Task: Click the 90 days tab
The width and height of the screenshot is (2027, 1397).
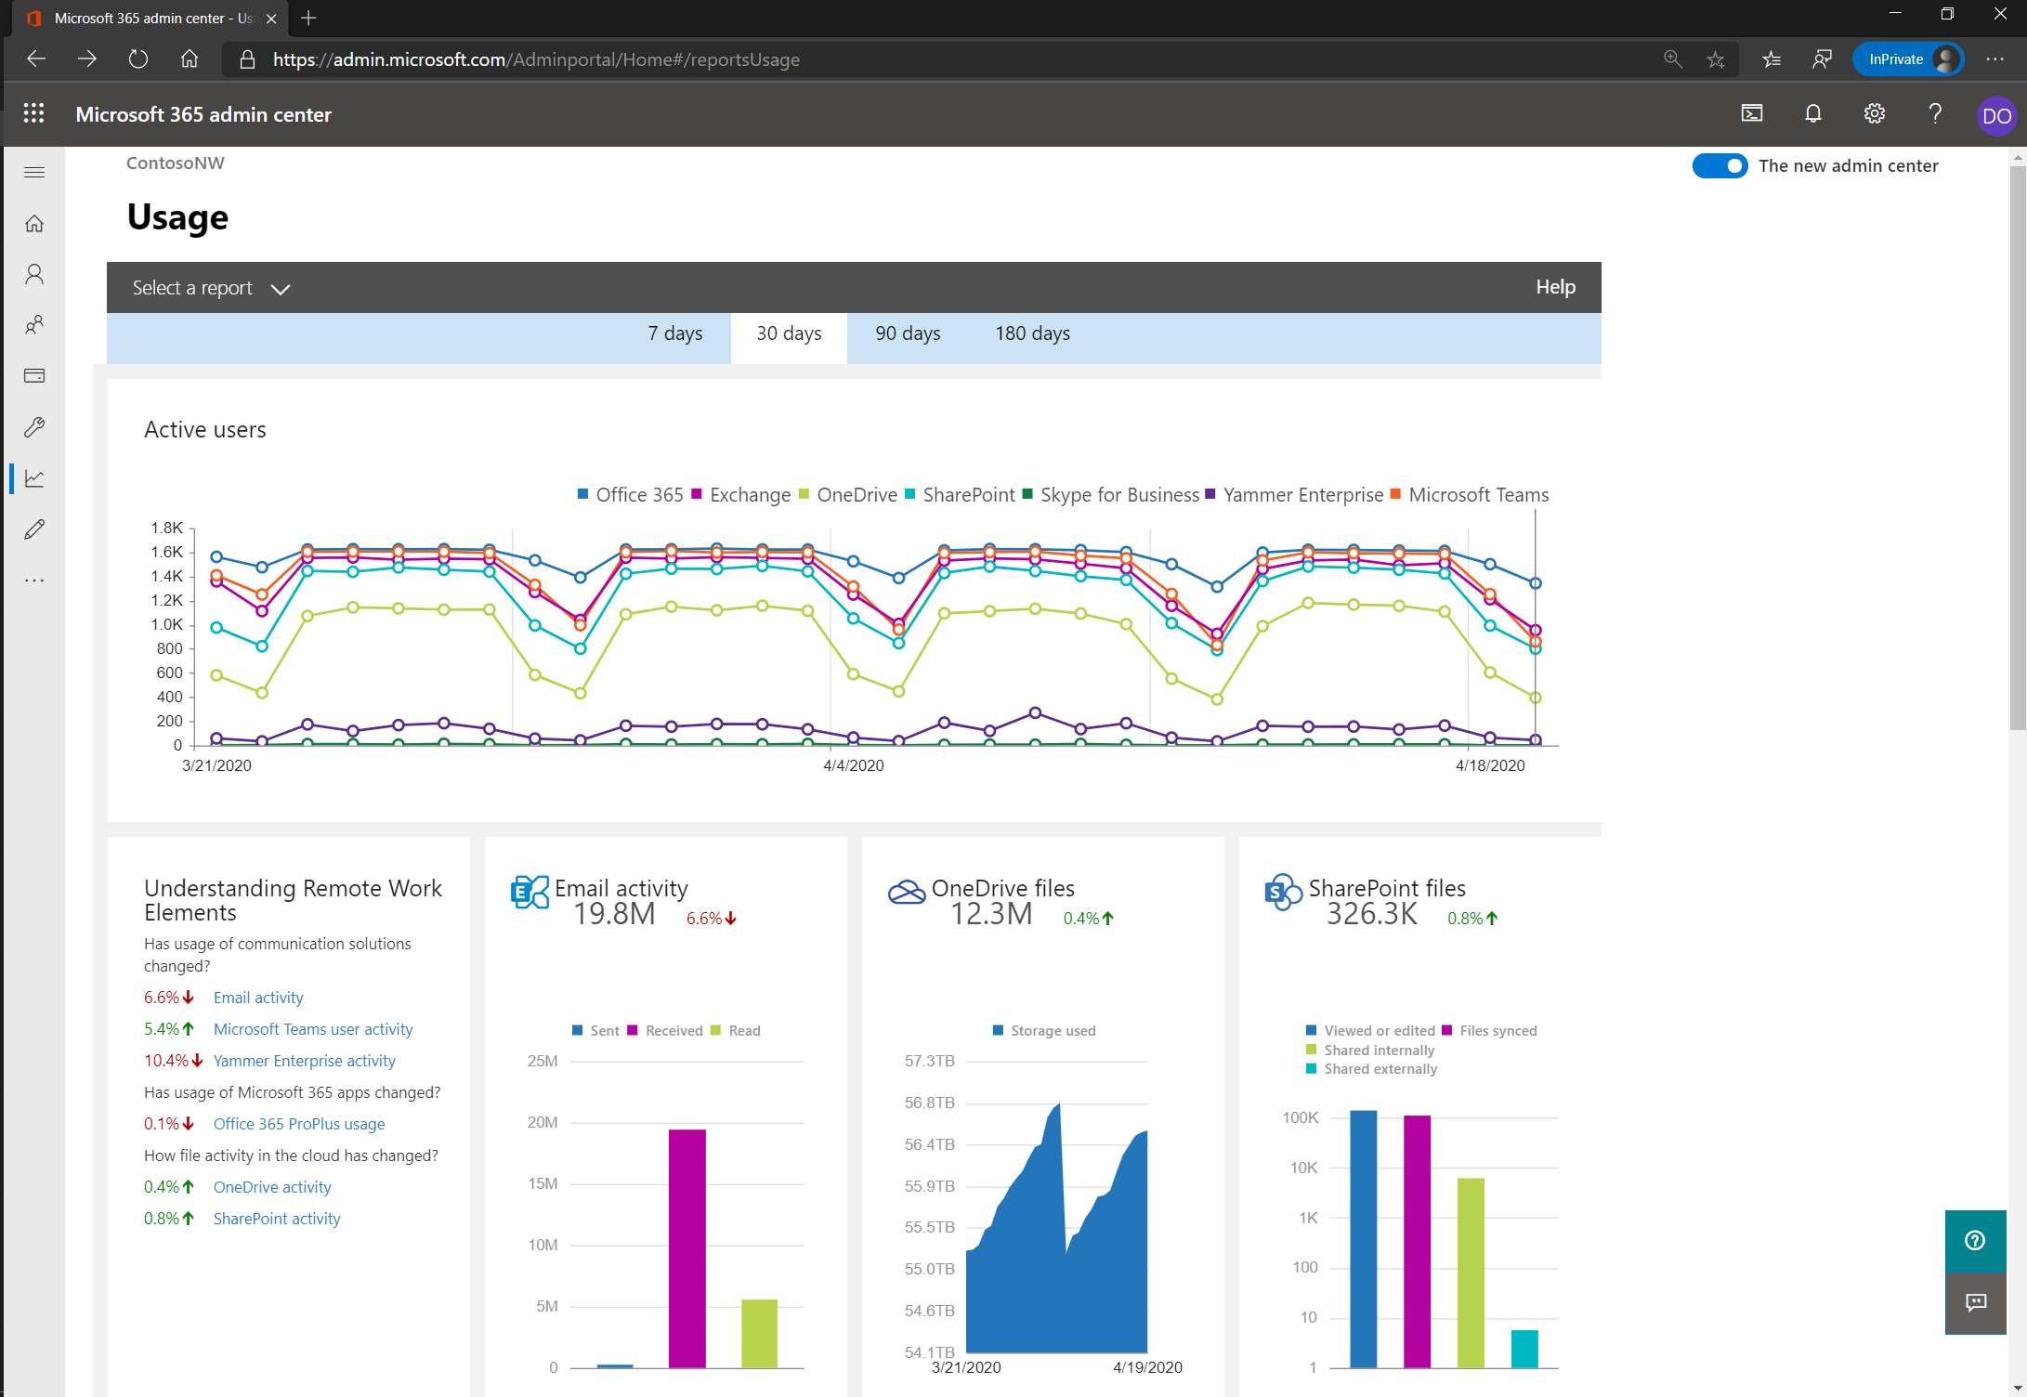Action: point(908,333)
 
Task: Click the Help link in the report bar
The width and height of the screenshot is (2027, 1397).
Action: point(1555,287)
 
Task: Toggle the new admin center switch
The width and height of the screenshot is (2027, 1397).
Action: point(1720,166)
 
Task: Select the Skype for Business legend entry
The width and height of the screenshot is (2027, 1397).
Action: point(1118,495)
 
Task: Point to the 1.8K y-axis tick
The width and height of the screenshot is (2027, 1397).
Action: point(167,528)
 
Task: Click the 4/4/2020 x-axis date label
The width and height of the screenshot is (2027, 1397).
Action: point(853,765)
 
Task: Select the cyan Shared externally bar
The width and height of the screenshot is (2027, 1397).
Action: point(1524,1349)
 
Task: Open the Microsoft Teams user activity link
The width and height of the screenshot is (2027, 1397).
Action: point(313,1029)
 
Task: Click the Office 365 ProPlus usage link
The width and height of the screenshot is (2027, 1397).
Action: point(299,1124)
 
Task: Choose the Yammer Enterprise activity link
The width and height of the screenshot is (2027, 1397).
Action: point(305,1061)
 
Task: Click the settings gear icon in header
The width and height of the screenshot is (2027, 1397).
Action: point(1875,114)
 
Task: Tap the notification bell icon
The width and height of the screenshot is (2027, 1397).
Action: point(1812,114)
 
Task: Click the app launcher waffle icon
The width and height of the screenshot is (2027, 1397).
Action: point(34,113)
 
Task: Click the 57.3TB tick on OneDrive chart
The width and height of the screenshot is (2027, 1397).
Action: point(929,1061)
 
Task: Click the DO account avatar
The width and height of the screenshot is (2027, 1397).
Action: point(1995,116)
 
